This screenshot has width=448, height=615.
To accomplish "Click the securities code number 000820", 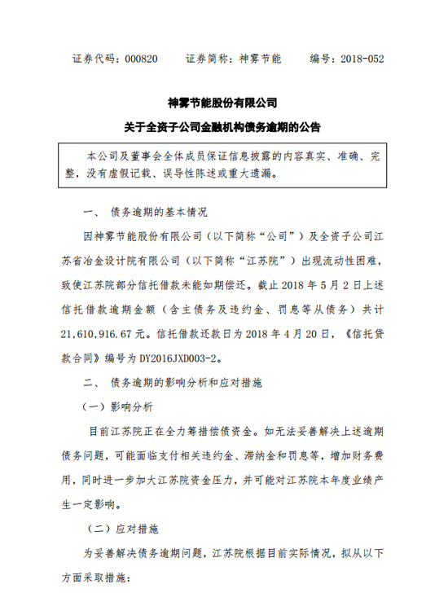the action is [143, 59].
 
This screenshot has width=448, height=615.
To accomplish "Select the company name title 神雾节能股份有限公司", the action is [222, 103].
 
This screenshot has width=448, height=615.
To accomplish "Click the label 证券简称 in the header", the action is [208, 59].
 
